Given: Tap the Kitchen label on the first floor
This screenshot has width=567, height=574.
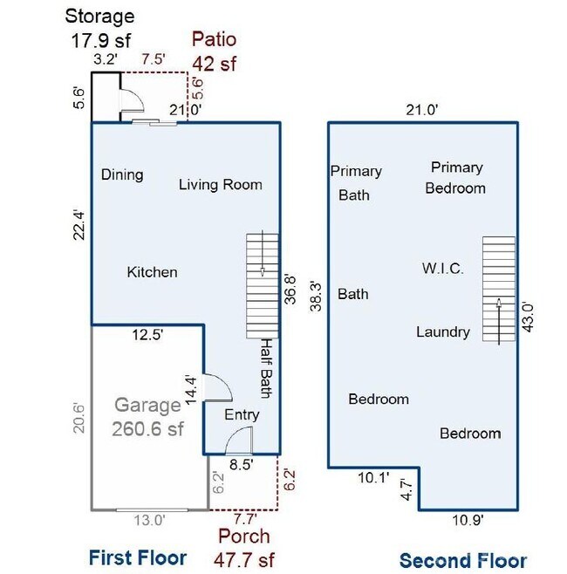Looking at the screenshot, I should (152, 272).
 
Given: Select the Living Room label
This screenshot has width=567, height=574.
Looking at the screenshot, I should (221, 184).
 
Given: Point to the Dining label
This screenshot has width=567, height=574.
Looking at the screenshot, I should (122, 174).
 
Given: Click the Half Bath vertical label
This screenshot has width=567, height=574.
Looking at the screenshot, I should (266, 368).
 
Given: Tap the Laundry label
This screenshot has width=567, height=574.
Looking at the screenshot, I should (443, 331).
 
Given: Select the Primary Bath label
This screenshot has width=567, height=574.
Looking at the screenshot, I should (355, 183).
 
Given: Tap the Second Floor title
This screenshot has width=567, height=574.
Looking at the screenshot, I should (462, 560).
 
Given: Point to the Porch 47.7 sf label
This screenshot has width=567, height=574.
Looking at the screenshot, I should (243, 547).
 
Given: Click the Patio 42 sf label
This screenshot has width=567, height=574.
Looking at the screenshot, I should (215, 51).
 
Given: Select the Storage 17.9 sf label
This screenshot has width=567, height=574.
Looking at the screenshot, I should (101, 27).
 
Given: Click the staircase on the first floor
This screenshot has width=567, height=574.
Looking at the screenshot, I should (262, 284).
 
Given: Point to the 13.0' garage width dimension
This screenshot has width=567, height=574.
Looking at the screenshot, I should (148, 521).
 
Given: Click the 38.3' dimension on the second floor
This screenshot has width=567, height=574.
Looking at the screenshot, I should (318, 295).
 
